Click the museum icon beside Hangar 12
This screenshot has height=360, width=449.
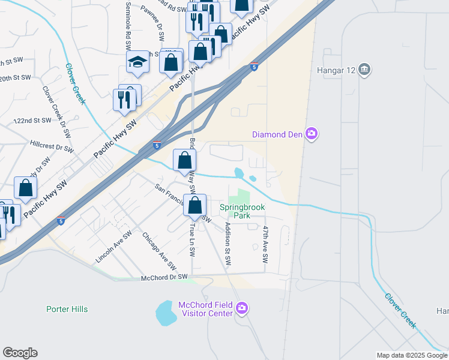[x=364, y=70]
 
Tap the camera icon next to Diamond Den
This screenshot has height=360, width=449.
[x=311, y=134]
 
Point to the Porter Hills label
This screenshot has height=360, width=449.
[x=67, y=309]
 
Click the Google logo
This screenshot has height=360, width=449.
[x=20, y=353]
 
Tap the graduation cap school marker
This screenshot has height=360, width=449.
[x=137, y=62]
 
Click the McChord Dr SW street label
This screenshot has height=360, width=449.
[x=164, y=278]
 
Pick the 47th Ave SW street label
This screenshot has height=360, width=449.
[x=265, y=245]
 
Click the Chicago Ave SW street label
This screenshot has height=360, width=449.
[x=159, y=251]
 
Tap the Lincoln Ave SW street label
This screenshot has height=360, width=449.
[x=113, y=248]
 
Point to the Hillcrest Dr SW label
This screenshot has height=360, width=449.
[x=52, y=146]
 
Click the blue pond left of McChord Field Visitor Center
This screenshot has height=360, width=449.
[x=165, y=313]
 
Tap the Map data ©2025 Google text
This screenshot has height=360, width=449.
[x=411, y=355]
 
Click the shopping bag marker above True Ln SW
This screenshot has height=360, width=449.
[x=195, y=206]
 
